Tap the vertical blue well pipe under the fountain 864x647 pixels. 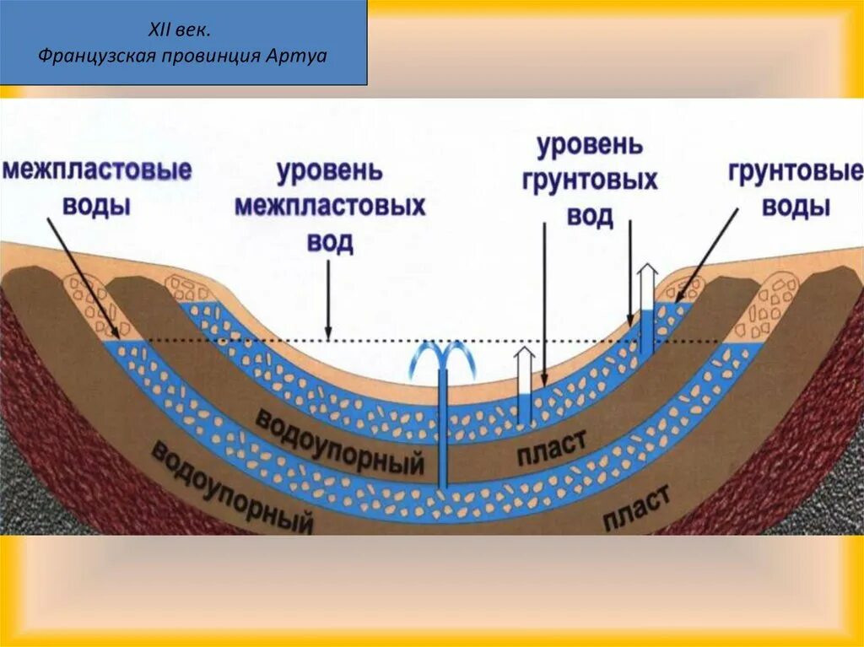(x=442, y=430)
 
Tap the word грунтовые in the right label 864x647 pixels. (x=796, y=173)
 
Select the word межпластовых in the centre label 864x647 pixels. (x=330, y=207)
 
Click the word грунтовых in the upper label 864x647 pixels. (x=590, y=181)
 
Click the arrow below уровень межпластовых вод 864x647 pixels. (x=328, y=300)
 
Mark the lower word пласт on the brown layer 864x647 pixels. (x=636, y=505)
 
